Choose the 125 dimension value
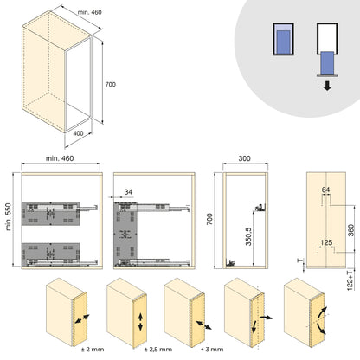tap(325, 241)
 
